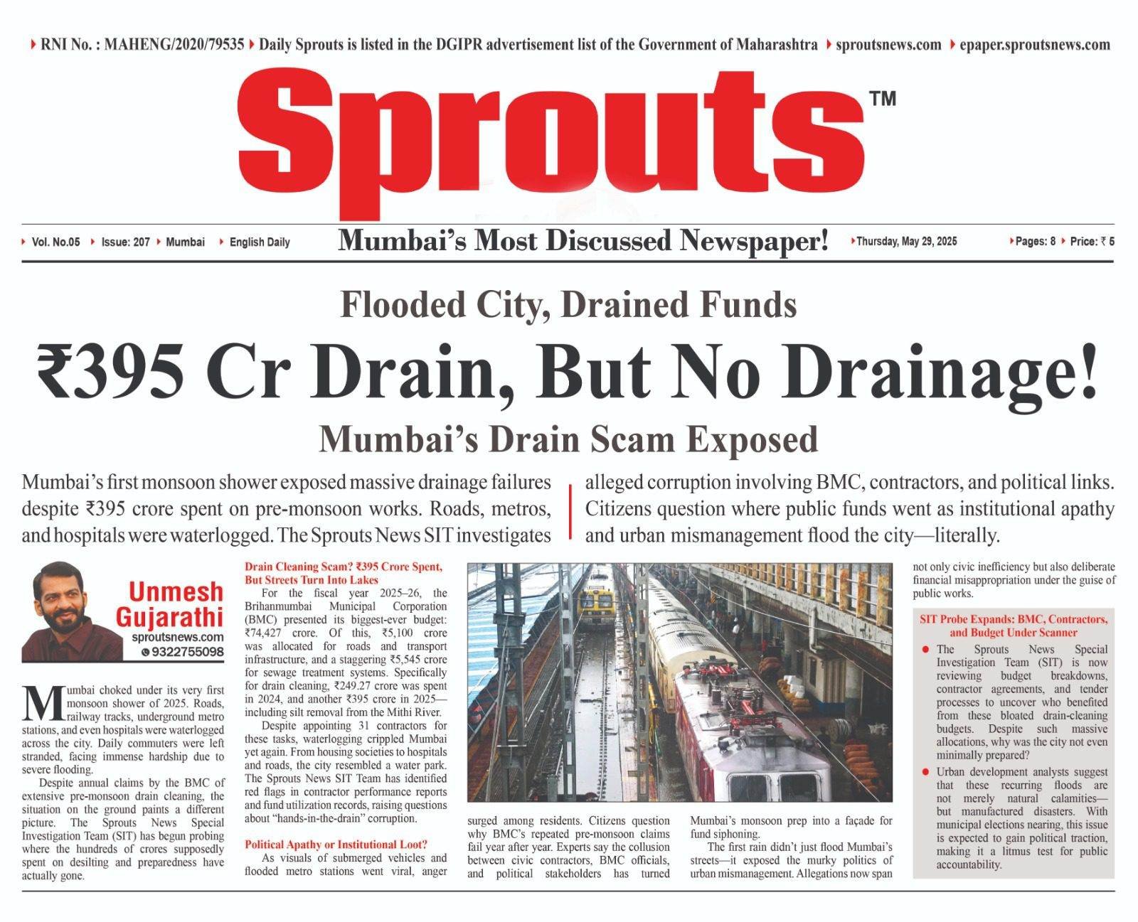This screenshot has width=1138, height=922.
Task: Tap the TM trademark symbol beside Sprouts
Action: (883, 99)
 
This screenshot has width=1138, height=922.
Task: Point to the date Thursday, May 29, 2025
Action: (906, 241)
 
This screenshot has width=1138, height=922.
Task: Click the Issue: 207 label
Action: (125, 242)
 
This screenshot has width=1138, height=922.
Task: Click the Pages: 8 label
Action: (1035, 241)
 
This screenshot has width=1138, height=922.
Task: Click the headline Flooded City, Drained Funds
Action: (568, 305)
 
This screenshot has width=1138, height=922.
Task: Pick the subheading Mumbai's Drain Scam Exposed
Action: (568, 439)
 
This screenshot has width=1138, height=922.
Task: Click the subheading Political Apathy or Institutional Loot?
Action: (336, 845)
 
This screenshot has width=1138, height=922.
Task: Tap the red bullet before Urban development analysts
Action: (925, 772)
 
